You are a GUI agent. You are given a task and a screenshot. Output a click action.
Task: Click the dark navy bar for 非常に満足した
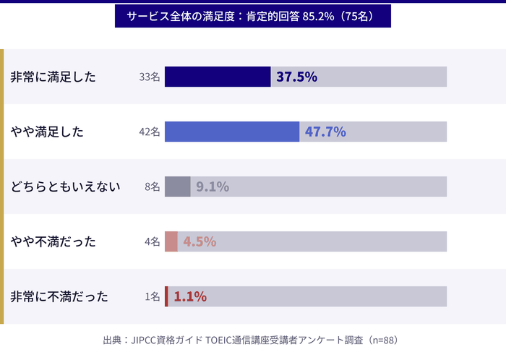(218, 77)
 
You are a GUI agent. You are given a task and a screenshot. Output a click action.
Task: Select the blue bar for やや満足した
(232, 132)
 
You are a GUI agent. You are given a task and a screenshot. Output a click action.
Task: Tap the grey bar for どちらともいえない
(178, 187)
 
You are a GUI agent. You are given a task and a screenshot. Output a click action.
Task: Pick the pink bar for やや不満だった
(171, 241)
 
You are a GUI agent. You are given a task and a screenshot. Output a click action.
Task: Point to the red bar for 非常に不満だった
(166, 296)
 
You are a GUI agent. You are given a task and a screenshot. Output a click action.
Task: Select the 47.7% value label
(325, 132)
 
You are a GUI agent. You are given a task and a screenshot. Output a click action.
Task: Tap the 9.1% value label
(213, 187)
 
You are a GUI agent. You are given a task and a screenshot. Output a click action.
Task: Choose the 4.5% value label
(200, 242)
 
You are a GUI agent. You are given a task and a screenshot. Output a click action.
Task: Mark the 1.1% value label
(190, 296)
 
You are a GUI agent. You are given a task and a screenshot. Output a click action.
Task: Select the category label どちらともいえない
(65, 187)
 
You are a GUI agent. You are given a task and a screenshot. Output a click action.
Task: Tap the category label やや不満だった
(53, 242)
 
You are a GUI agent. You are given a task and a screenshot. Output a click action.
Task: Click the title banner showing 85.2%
(252, 16)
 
